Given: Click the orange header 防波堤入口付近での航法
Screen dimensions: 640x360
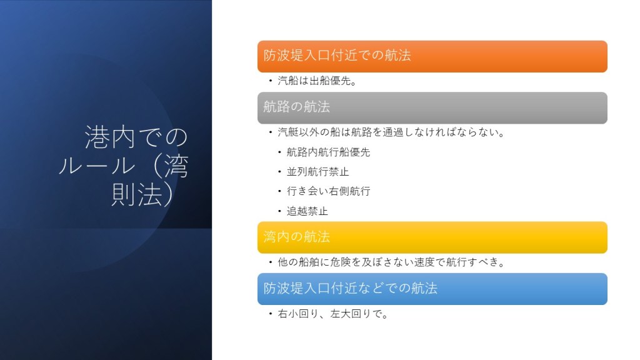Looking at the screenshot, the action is (432, 56).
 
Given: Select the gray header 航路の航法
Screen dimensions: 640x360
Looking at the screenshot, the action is (432, 107).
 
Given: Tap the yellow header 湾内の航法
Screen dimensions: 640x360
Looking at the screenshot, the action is (432, 237).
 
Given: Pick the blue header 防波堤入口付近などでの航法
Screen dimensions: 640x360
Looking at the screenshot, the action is (432, 289).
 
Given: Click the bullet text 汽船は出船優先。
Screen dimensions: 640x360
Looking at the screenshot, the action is (317, 81).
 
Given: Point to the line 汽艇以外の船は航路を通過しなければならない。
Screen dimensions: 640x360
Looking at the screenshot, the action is (391, 132).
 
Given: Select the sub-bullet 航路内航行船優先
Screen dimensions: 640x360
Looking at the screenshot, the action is (328, 152).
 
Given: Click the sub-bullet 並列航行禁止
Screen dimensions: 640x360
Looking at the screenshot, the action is (317, 171).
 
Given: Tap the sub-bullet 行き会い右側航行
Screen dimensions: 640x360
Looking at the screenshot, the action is (328, 191).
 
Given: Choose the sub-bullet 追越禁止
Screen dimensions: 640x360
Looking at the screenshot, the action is (307, 211).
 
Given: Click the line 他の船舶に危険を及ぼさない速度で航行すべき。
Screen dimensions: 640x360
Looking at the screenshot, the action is (391, 262).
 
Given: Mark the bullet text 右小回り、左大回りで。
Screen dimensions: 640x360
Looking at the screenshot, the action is (332, 314).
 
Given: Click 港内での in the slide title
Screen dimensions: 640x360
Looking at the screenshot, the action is (136, 137).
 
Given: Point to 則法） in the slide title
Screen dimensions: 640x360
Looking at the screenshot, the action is (143, 194).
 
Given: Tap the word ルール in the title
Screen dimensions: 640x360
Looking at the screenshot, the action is (97, 166).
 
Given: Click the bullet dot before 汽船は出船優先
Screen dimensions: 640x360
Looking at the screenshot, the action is (270, 81).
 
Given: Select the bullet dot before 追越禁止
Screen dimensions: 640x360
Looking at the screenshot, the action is (279, 211).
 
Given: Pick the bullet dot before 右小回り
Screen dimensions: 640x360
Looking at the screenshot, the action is (270, 314).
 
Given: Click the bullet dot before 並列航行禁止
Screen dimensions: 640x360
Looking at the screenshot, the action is (279, 172).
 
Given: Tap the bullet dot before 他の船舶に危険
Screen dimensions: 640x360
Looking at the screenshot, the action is (270, 262).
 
